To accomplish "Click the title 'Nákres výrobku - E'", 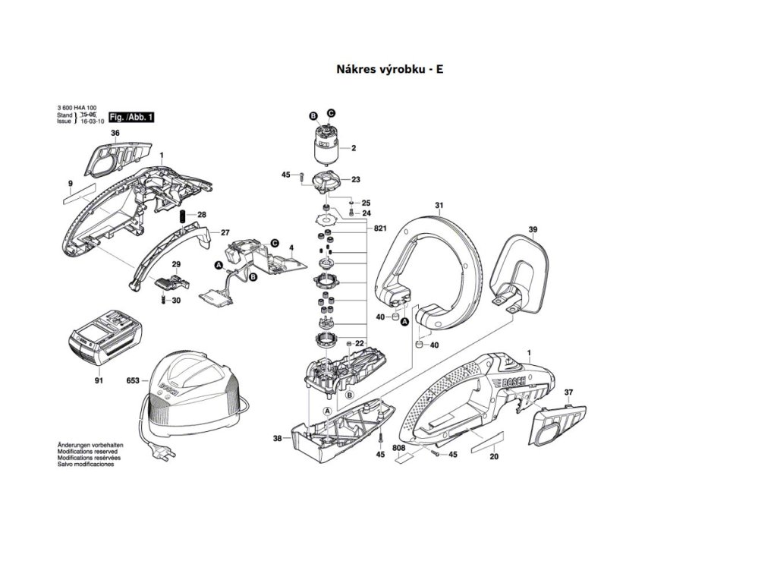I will tap(389, 69).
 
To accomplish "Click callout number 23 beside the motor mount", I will tap(355, 180).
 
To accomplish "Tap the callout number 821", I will tap(380, 228).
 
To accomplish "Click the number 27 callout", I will tap(225, 232).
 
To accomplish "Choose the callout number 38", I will tap(277, 439).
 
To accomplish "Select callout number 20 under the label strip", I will tap(494, 456).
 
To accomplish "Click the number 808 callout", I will tap(399, 449).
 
